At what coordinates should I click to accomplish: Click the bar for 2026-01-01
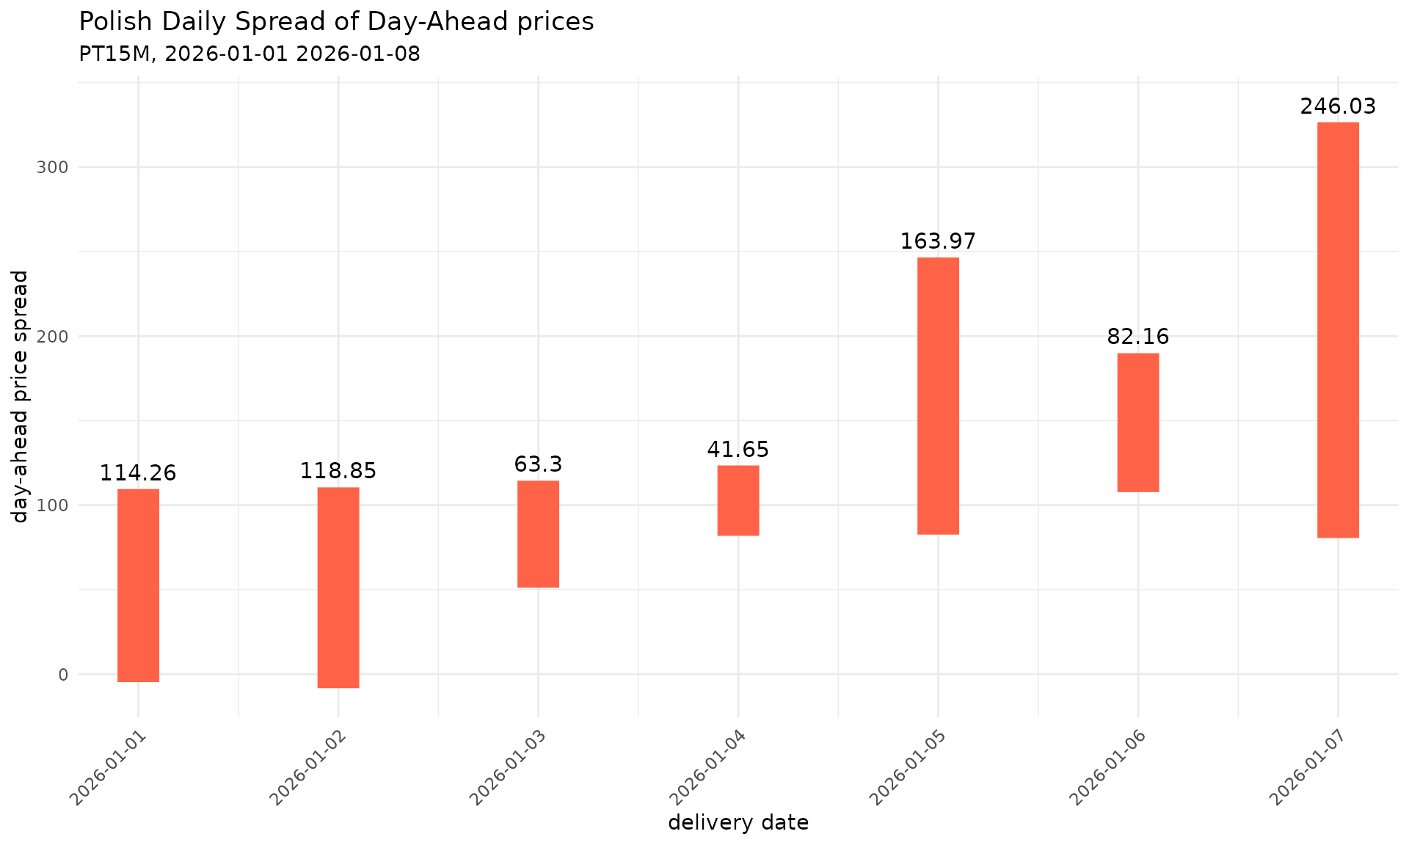(138, 585)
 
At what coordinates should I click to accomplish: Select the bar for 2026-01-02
(338, 588)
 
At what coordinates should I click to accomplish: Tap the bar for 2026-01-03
(538, 534)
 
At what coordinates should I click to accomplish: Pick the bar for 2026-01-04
(738, 500)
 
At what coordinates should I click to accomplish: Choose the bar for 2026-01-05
(938, 396)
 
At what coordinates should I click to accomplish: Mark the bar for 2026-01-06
(1138, 422)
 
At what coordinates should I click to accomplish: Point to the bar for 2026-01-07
(1338, 330)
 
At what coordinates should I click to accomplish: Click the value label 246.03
(1338, 107)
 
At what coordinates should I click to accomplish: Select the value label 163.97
(938, 241)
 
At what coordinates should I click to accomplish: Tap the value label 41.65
(738, 450)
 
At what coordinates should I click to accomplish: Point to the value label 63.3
(538, 464)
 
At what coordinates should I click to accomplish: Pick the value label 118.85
(338, 471)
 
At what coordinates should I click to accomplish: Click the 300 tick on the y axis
(52, 167)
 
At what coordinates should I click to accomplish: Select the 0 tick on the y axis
(62, 675)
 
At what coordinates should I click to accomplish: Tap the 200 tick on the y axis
(52, 337)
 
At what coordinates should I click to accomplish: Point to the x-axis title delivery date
(738, 823)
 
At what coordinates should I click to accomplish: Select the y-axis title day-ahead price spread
(21, 396)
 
